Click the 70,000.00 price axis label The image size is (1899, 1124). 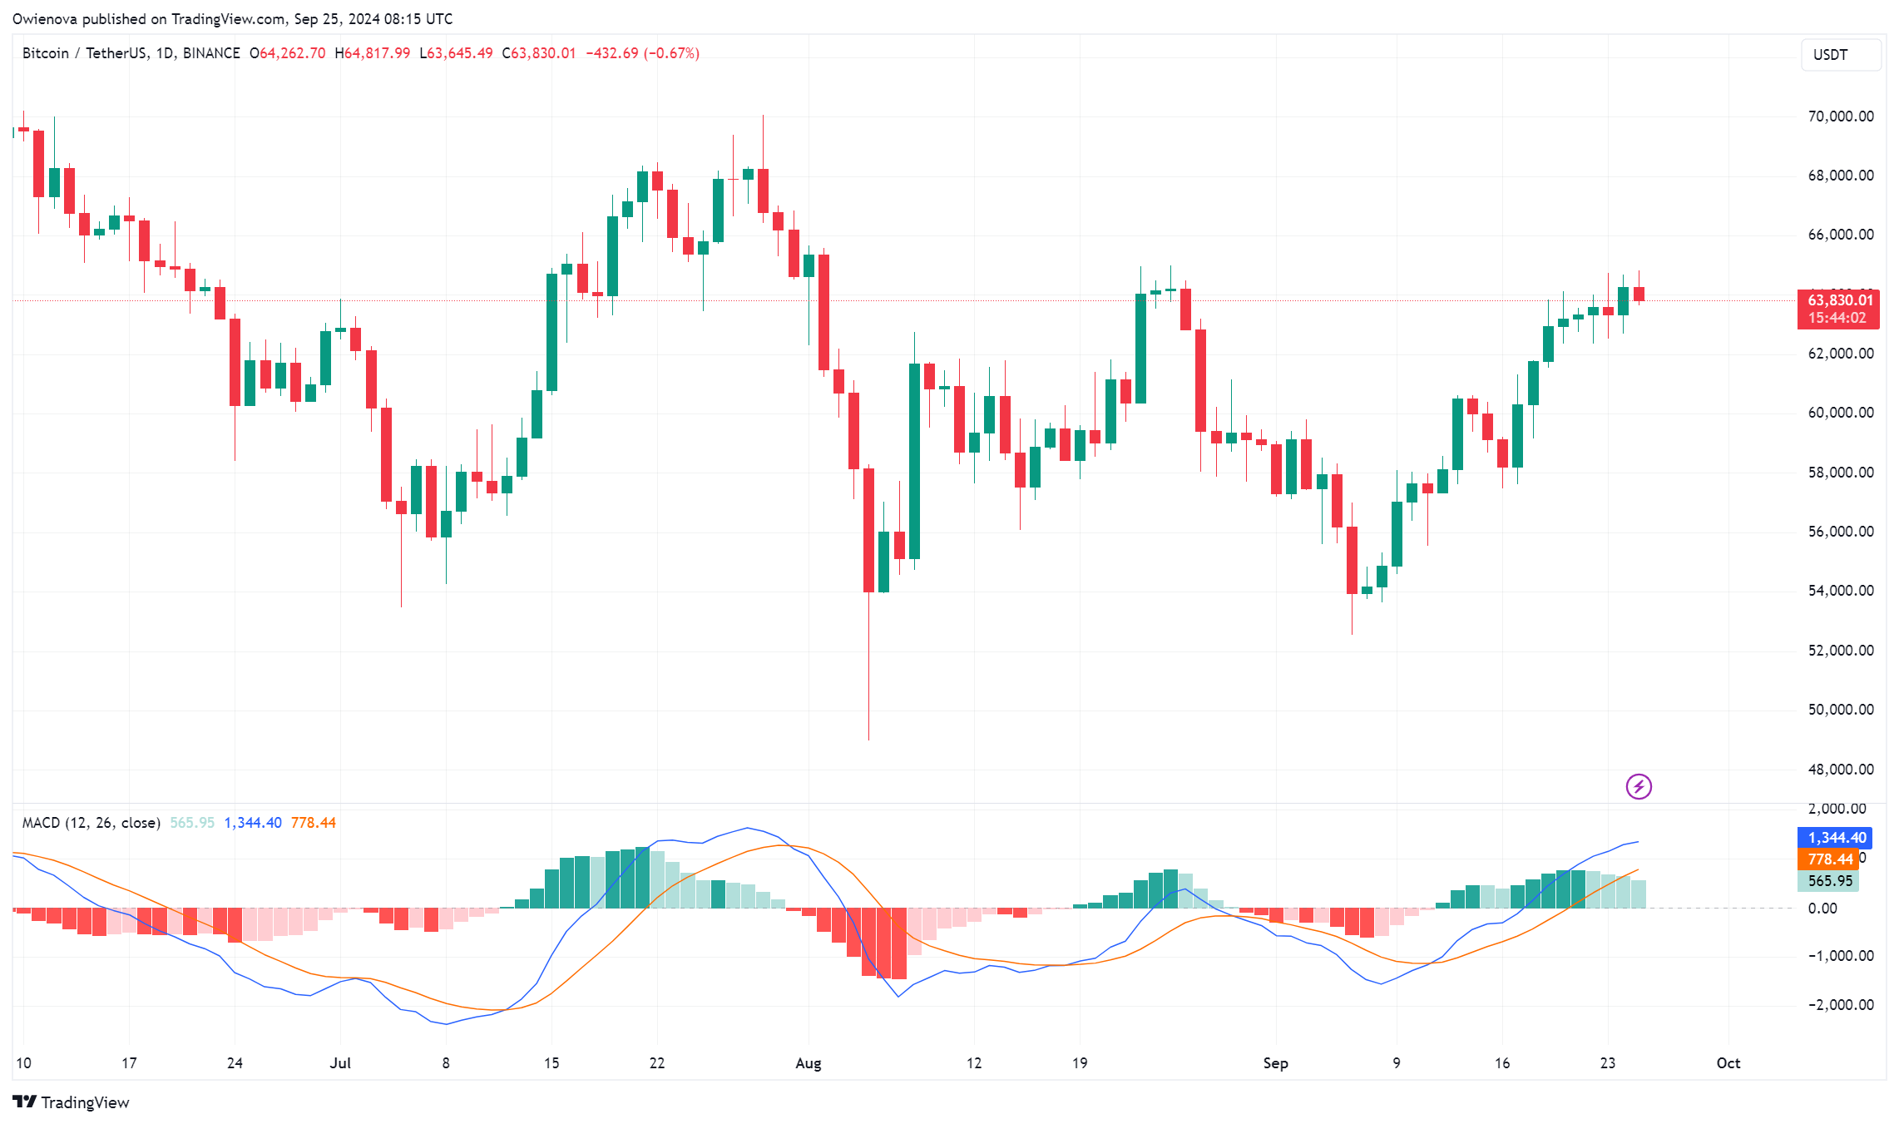tap(1840, 116)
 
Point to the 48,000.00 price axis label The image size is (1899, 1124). tap(1840, 770)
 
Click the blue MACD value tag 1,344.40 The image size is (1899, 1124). tap(1837, 838)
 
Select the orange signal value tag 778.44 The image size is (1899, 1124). tap(1830, 859)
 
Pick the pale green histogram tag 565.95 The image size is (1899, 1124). tap(1830, 881)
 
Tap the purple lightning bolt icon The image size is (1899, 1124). tap(1639, 786)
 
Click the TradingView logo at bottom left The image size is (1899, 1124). tap(72, 1102)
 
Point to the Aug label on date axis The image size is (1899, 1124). tap(808, 1063)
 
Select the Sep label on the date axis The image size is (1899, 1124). tap(1275, 1063)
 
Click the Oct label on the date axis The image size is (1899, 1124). tap(1728, 1063)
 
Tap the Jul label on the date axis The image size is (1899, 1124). tap(340, 1063)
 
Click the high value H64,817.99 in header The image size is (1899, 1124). tap(373, 53)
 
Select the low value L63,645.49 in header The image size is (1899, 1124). tap(456, 53)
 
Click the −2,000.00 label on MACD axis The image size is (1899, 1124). tap(1840, 1005)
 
